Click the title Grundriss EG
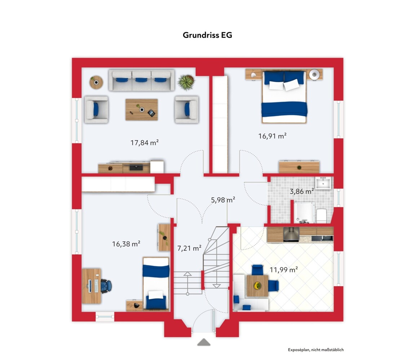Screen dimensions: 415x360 tap(207, 35)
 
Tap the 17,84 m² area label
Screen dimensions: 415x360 tap(145, 143)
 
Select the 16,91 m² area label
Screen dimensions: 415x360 tap(272, 136)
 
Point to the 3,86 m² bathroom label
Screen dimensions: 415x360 tap(302, 191)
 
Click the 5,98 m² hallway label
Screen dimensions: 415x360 tap(223, 200)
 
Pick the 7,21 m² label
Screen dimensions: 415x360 tap(189, 248)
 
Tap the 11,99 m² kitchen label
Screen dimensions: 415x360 tap(284, 270)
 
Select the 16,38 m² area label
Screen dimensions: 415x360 tap(126, 244)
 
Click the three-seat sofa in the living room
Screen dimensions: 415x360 tap(142, 80)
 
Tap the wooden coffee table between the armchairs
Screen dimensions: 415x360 tap(142, 110)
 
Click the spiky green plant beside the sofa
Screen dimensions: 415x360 tap(186, 82)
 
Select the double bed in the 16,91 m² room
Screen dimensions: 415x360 tap(284, 97)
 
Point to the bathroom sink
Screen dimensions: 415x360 tap(323, 183)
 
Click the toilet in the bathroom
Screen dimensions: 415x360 tap(322, 215)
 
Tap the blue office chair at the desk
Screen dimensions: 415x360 tap(106, 286)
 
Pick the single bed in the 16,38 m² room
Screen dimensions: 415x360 tap(156, 283)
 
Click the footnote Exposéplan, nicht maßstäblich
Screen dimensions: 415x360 tap(316, 350)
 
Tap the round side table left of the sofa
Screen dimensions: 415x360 tap(96, 82)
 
